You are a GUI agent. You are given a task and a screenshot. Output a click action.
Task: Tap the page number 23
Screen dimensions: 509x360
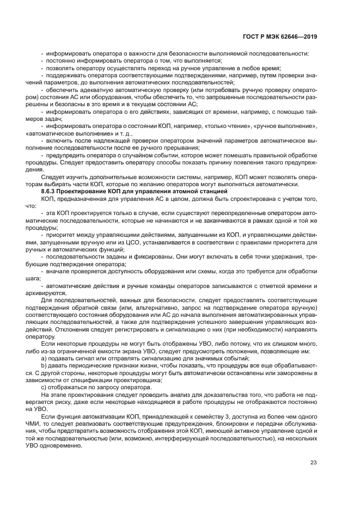(313, 463)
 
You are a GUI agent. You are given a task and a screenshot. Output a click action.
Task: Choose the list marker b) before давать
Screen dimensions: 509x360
(44, 358)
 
